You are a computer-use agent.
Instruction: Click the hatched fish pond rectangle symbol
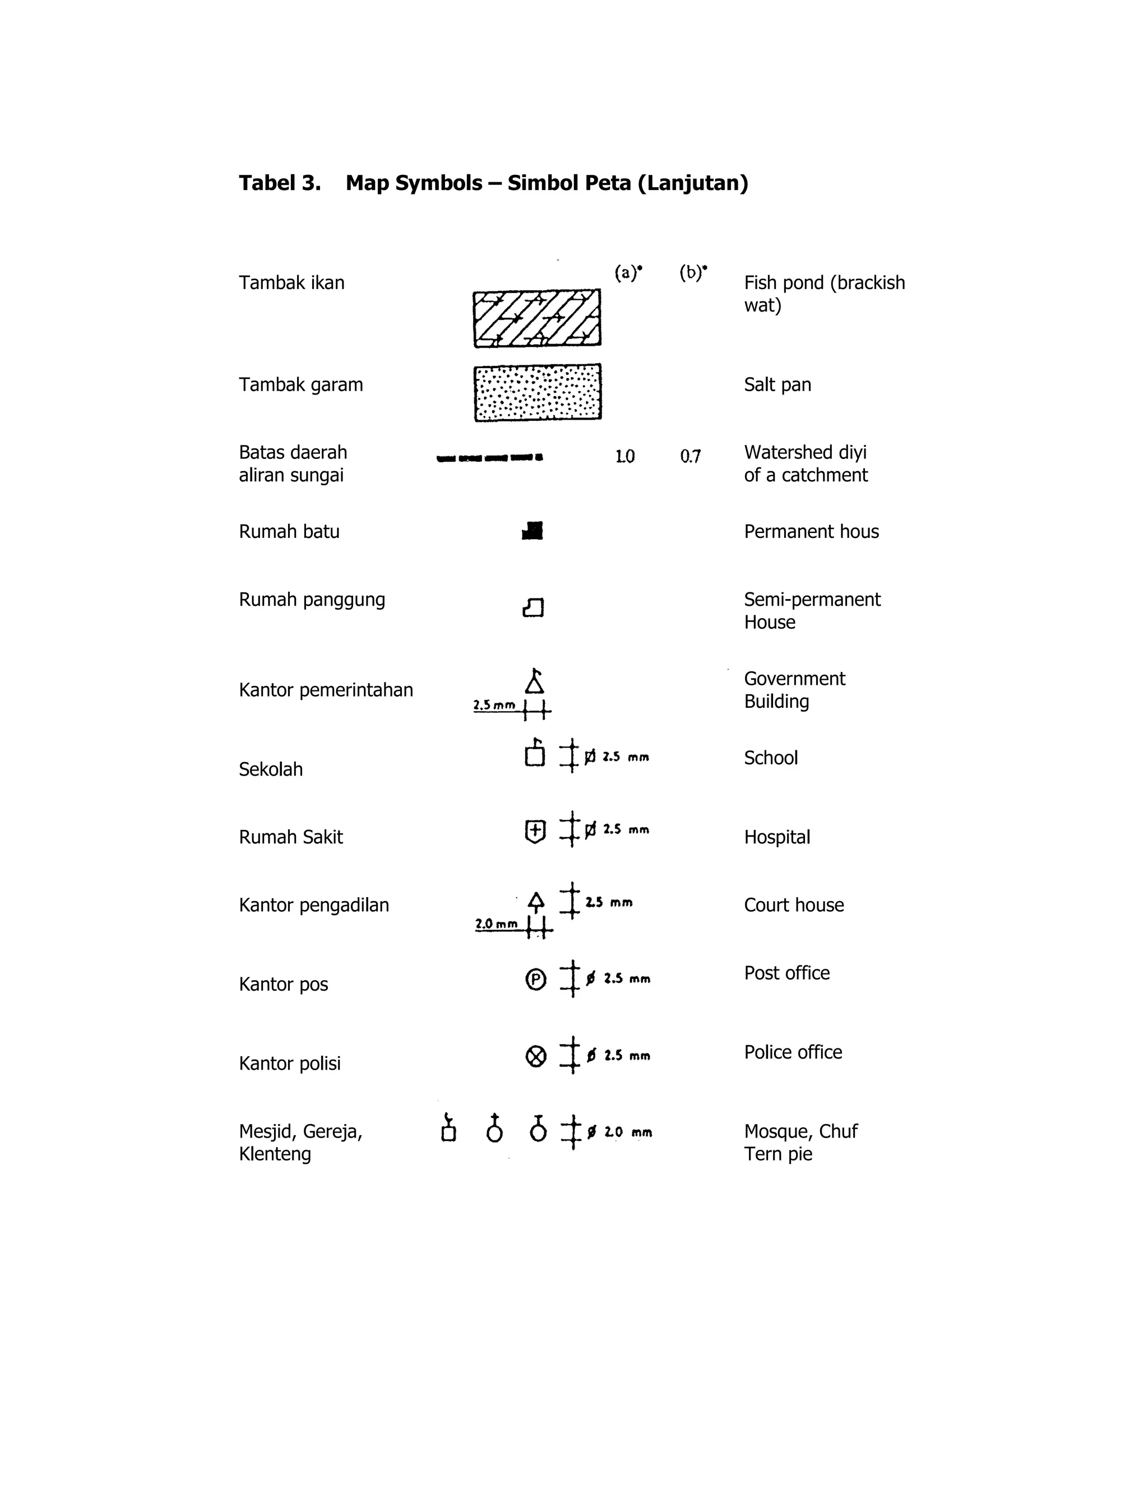(x=536, y=318)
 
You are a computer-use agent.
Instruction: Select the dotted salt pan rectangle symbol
(x=537, y=392)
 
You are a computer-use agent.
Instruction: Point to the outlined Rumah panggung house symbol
(x=533, y=607)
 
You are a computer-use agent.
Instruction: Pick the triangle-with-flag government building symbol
(x=535, y=681)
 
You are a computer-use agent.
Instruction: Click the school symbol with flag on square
(x=535, y=753)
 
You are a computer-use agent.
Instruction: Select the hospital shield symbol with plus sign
(x=535, y=831)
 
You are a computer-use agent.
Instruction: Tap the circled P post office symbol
(x=536, y=979)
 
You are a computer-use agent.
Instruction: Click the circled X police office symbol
(x=536, y=1056)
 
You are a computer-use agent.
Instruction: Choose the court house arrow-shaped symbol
(x=536, y=902)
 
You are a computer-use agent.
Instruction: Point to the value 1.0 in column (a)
(x=625, y=456)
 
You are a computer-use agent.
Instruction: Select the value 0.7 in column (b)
(x=690, y=456)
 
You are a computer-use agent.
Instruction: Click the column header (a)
(x=628, y=273)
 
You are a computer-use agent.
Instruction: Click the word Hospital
(x=777, y=837)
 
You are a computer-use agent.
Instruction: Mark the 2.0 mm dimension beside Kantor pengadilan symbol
(x=496, y=924)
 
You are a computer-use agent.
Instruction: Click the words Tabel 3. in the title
(x=280, y=183)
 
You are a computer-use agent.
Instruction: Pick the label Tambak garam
(x=300, y=385)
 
